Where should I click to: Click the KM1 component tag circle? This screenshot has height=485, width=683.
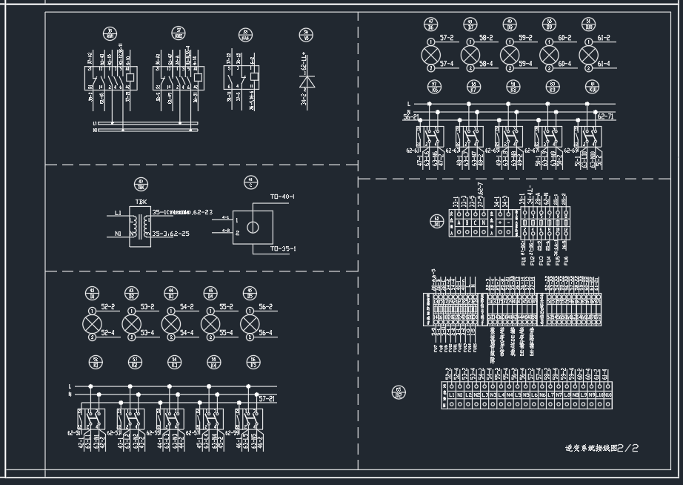tap(110, 34)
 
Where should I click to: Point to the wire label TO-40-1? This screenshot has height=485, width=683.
tap(283, 197)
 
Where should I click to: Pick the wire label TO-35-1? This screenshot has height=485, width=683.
tap(283, 248)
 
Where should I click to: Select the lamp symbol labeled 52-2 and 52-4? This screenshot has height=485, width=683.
tap(92, 323)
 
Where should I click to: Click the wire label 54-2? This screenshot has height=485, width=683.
tap(187, 306)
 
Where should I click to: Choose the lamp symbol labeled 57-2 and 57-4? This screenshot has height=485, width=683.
tap(430, 55)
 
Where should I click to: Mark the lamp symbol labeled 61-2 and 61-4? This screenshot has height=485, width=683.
tap(588, 55)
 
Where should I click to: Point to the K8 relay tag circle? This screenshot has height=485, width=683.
tap(511, 88)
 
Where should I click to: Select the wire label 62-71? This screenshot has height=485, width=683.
tap(606, 117)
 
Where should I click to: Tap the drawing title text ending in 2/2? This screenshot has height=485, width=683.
tap(602, 448)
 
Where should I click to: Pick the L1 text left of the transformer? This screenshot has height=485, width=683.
tap(118, 213)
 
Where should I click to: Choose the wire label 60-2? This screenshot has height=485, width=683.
tap(564, 37)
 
